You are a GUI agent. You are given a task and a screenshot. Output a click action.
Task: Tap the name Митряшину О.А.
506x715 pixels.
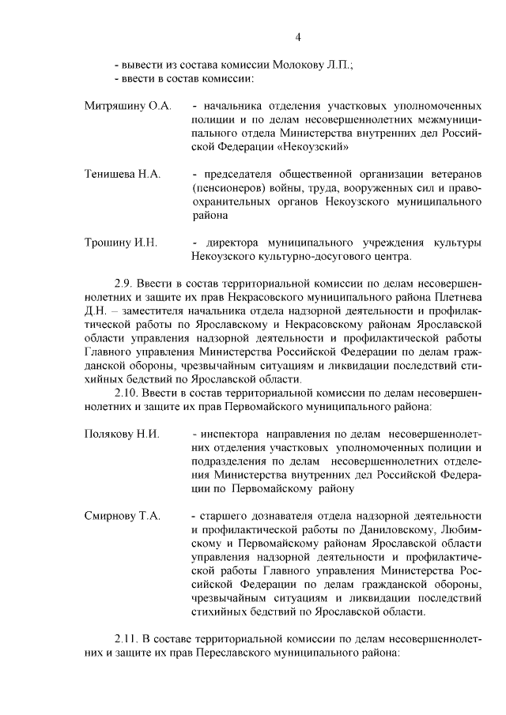tap(127, 105)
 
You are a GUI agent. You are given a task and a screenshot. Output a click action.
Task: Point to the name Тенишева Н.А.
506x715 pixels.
tap(123, 173)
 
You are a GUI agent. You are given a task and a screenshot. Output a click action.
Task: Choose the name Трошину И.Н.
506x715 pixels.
tap(121, 243)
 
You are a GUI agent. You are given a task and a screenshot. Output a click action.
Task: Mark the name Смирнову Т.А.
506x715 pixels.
tap(123, 516)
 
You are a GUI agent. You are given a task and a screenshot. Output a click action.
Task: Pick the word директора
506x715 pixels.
tap(232, 243)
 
